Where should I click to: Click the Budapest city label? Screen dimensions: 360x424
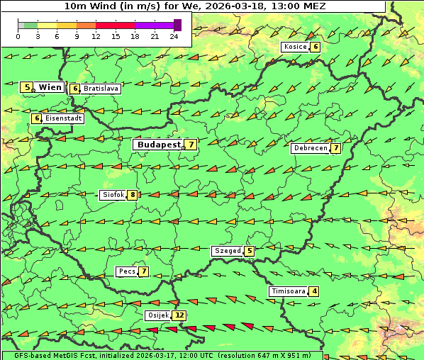[159, 144]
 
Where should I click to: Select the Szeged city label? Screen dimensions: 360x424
[228, 250]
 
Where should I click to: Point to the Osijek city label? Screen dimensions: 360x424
[158, 315]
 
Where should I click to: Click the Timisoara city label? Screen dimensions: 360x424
[288, 291]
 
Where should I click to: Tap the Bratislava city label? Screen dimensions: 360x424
[100, 89]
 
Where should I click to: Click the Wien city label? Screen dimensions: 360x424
[50, 87]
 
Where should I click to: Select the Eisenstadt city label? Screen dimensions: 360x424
[63, 118]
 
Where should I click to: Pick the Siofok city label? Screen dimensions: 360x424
[113, 195]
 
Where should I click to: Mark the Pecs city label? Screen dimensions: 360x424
[128, 271]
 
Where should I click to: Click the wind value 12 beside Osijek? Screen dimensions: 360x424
[179, 315]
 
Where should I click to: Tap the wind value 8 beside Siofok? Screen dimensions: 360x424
[131, 195]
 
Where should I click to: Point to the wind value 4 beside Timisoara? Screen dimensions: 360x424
[314, 291]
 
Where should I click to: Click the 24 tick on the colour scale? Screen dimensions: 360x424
[174, 35]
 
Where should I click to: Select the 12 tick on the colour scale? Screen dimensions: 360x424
[96, 35]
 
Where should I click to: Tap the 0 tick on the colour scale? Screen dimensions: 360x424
[18, 35]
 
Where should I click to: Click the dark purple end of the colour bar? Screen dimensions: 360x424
[177, 25]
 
